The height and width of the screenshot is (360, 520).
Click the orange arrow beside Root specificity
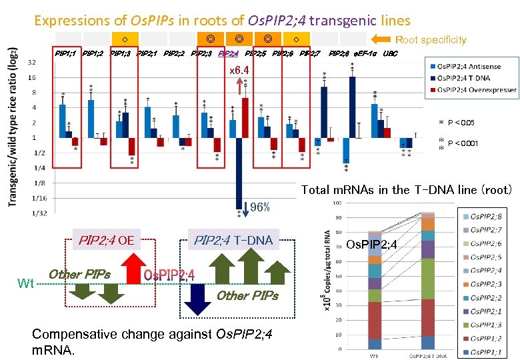click(x=382, y=39)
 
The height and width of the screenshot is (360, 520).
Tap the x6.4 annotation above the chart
click(x=239, y=70)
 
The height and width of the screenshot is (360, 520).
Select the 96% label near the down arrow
click(x=260, y=207)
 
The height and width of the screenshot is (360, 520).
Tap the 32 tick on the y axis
click(x=32, y=62)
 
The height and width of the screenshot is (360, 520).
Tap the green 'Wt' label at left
click(x=26, y=284)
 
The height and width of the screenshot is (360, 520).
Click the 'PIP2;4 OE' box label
click(x=107, y=239)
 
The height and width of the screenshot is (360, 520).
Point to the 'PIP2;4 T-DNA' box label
click(x=233, y=239)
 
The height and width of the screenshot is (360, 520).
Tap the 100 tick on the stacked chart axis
click(x=338, y=203)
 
